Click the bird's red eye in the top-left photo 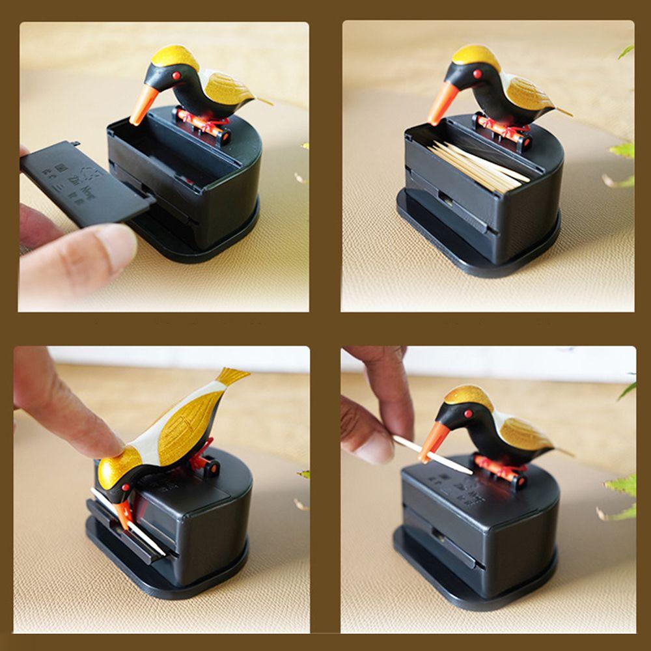[176, 76]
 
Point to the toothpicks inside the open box [475, 166]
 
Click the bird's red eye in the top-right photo [477, 74]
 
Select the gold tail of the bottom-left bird [231, 376]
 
